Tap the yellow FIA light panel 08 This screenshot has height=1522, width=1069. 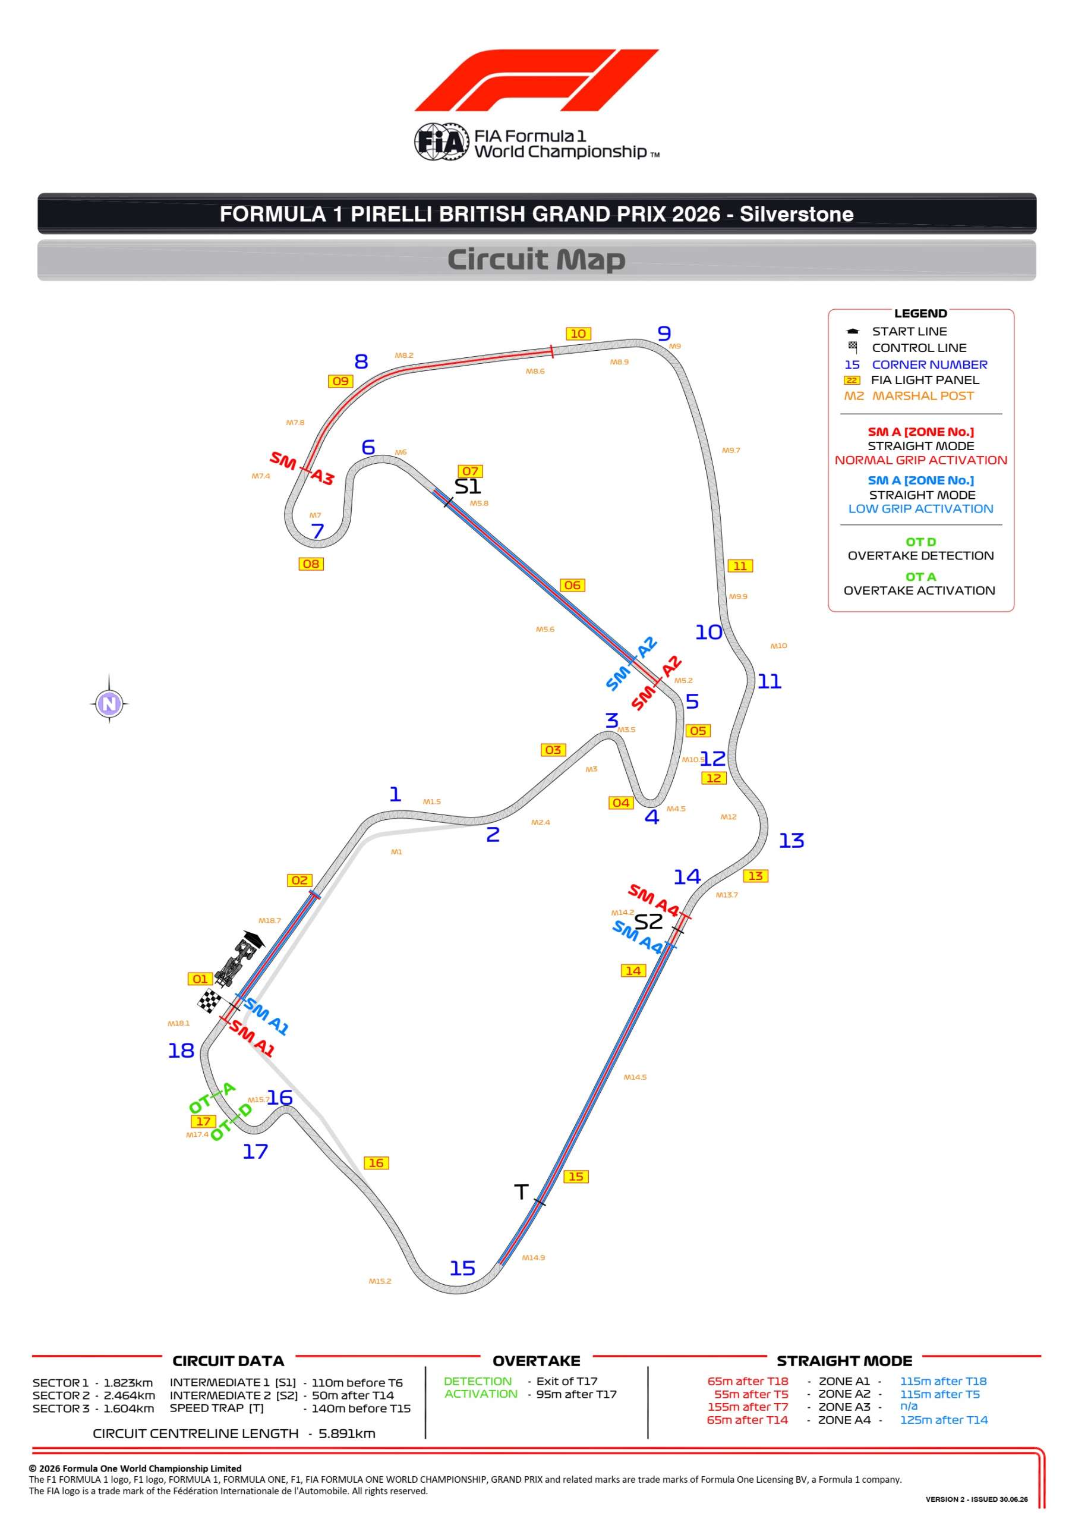(310, 564)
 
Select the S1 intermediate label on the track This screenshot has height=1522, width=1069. (467, 486)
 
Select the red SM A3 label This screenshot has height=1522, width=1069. (301, 468)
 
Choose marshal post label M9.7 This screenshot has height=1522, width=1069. (730, 450)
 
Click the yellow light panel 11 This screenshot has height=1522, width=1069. (740, 566)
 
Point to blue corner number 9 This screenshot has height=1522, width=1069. (664, 334)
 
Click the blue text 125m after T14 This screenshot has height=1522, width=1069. (943, 1420)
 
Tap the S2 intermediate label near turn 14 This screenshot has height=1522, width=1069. (648, 922)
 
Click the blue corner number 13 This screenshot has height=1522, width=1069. (791, 841)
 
